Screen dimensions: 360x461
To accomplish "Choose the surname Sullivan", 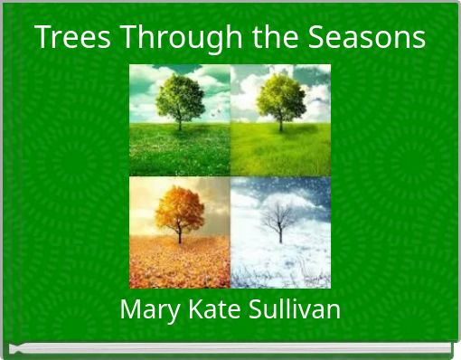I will click(x=293, y=310).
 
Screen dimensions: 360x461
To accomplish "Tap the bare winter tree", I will click(x=279, y=218).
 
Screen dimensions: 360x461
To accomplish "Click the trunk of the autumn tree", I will click(x=179, y=233).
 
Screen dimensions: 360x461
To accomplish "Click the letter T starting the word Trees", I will click(x=42, y=38).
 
